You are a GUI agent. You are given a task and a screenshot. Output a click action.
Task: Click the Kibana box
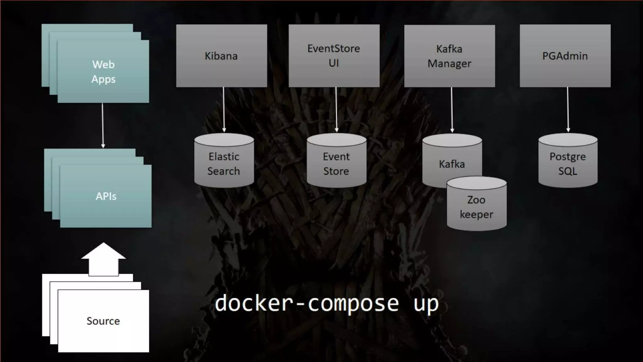(x=221, y=56)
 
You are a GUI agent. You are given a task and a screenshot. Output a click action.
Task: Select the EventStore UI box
(x=334, y=56)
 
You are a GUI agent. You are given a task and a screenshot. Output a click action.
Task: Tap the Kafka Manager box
(x=449, y=56)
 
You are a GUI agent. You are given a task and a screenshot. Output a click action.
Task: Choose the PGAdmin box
(x=565, y=56)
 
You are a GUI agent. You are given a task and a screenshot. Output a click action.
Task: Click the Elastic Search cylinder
(x=224, y=163)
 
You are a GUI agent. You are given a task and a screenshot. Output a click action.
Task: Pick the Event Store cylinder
(x=336, y=163)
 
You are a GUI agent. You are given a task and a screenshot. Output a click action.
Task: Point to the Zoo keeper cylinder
(x=476, y=207)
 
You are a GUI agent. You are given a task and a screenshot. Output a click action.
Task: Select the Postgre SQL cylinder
(x=568, y=163)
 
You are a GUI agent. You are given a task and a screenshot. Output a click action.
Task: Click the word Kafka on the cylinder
(x=451, y=164)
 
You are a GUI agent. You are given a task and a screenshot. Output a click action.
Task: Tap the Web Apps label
(x=103, y=72)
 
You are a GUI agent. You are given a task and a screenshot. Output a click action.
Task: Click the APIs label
(x=106, y=196)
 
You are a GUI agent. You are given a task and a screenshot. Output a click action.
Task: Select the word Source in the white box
(x=103, y=321)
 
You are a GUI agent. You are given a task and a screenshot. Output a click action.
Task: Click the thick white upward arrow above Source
(x=103, y=259)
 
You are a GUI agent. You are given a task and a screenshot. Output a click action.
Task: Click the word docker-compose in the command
(x=307, y=304)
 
